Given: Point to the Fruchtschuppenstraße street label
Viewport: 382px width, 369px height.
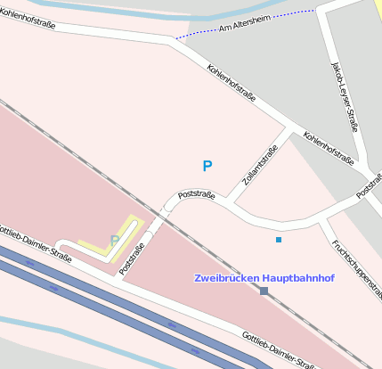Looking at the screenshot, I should (355, 265).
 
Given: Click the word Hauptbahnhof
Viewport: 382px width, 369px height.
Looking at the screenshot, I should (300, 278).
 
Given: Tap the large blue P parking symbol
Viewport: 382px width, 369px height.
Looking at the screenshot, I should (207, 166).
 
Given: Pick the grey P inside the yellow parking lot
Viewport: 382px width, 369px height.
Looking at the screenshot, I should (114, 240).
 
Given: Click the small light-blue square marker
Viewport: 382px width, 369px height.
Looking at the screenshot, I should (279, 240).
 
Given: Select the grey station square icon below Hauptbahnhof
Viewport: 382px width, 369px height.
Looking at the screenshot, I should (264, 291).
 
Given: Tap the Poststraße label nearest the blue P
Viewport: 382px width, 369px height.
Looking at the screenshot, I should (197, 193).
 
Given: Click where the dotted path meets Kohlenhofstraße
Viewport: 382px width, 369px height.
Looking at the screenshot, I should (175, 39).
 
